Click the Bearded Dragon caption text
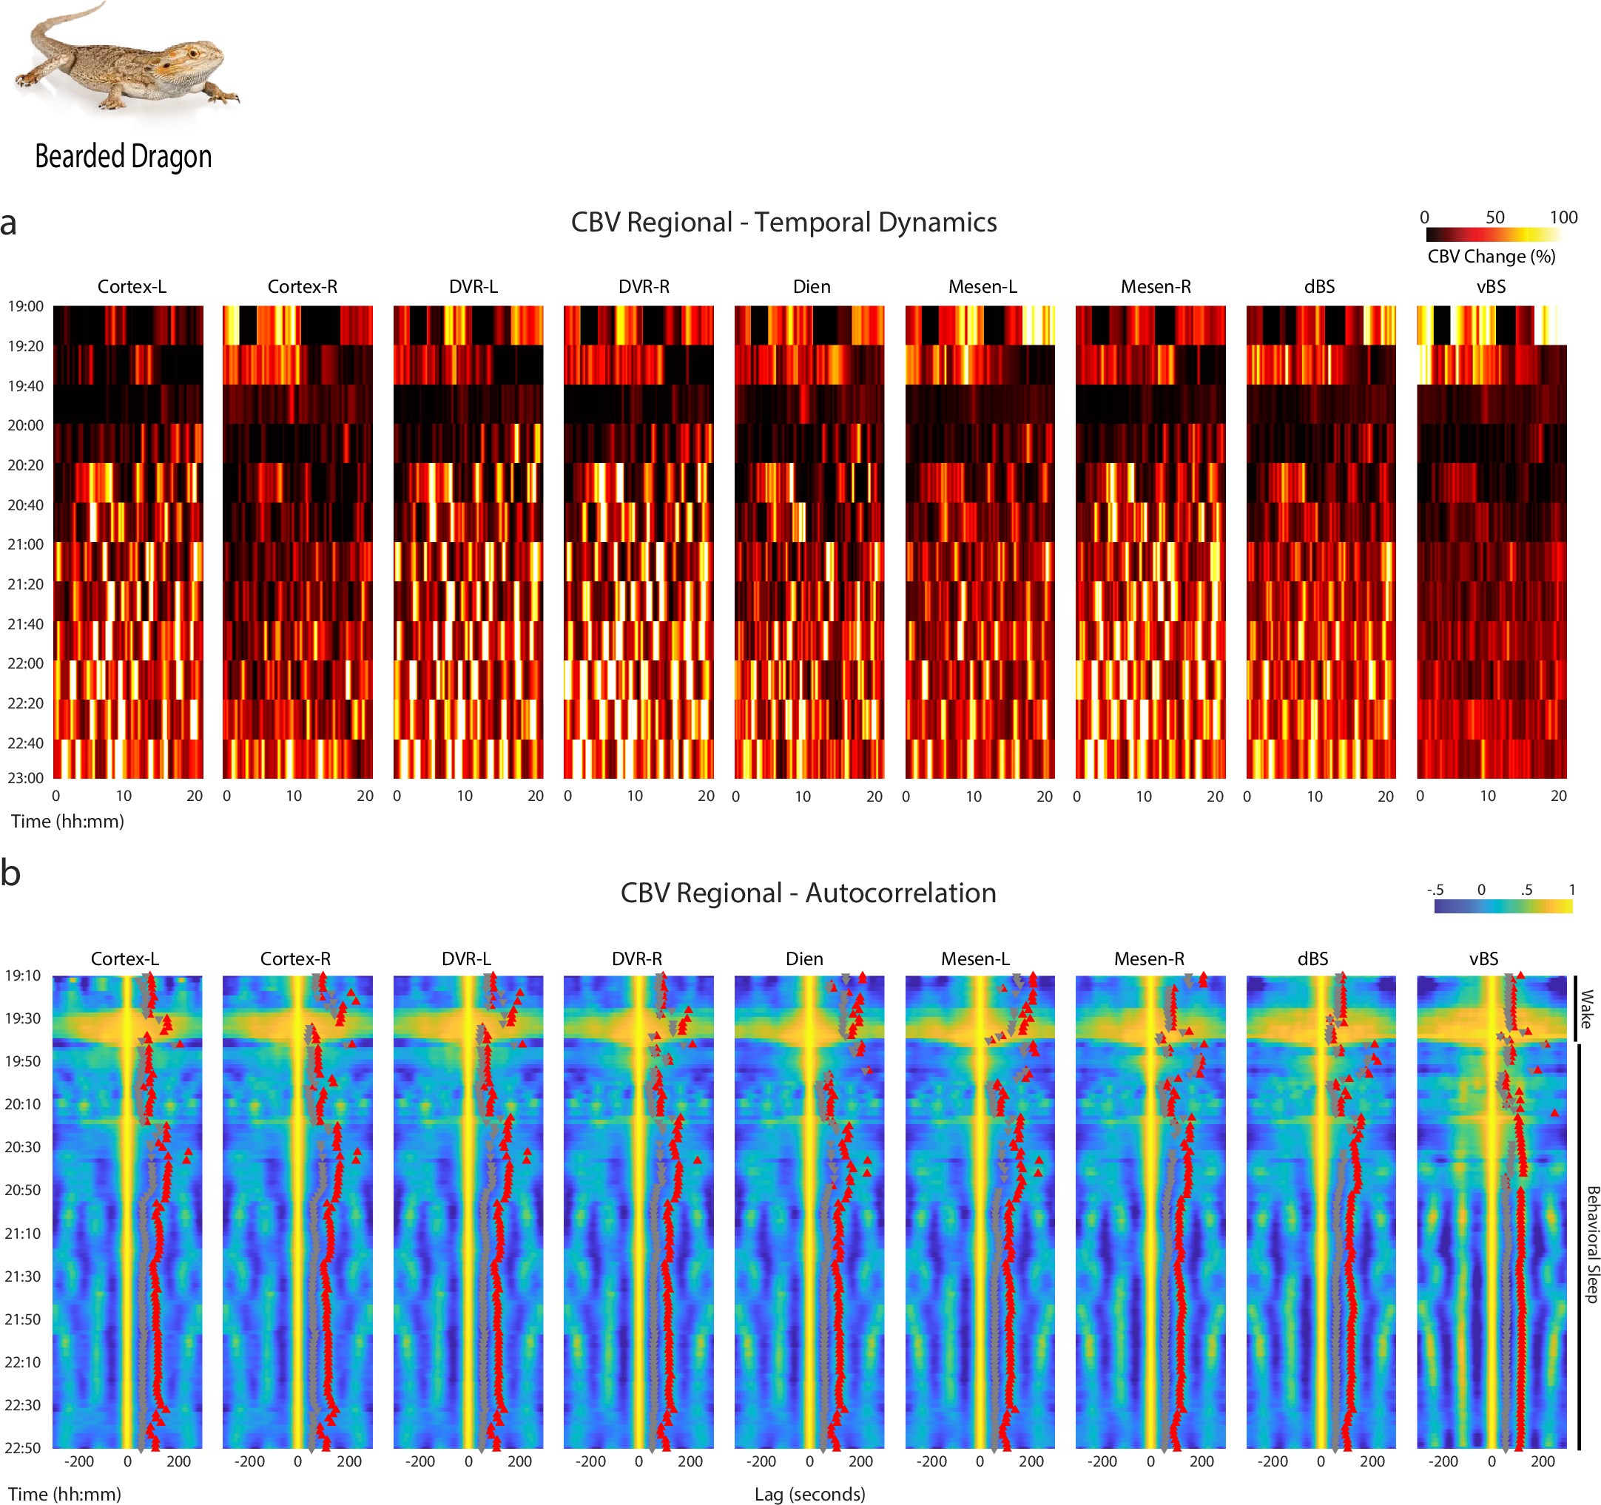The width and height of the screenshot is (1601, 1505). click(x=124, y=156)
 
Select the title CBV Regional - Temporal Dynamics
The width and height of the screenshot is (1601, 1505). click(x=783, y=223)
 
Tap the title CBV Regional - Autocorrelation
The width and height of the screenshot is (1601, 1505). click(x=808, y=893)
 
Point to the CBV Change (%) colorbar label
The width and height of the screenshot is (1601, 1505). click(x=1491, y=256)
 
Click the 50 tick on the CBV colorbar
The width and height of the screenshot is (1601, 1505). click(x=1494, y=217)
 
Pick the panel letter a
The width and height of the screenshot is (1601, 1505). click(x=9, y=224)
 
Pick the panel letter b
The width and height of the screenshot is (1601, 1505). click(x=10, y=873)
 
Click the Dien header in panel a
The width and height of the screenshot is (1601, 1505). click(x=811, y=287)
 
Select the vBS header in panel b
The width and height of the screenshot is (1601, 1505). click(x=1483, y=958)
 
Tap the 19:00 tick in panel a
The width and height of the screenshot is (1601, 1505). click(x=26, y=306)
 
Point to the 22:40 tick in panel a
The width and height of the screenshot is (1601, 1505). click(x=26, y=743)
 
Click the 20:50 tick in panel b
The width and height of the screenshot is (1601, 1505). click(x=22, y=1189)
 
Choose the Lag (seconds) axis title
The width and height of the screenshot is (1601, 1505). click(x=809, y=1494)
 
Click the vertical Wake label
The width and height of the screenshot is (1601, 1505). click(x=1585, y=1009)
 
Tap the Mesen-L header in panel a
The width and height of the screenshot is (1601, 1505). click(x=982, y=287)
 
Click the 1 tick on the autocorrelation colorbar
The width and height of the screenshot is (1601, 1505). click(x=1571, y=890)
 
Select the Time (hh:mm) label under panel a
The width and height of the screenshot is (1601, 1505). click(x=67, y=822)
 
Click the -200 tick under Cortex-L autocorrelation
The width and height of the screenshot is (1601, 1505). click(x=78, y=1461)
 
